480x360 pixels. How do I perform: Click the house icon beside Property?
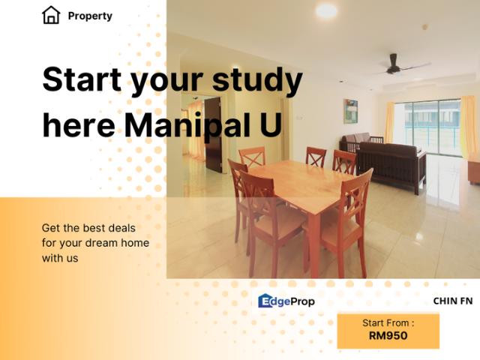click(x=51, y=15)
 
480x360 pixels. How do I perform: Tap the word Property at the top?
click(x=90, y=16)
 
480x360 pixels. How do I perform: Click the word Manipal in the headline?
click(x=190, y=125)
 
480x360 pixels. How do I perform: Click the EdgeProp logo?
click(x=286, y=301)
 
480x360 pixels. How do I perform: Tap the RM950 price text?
click(x=388, y=336)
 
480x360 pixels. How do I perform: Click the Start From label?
click(x=388, y=323)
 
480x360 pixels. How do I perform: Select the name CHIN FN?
click(x=452, y=301)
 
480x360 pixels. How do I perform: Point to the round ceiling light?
click(x=326, y=11)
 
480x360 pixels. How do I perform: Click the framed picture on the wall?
click(x=350, y=111)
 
